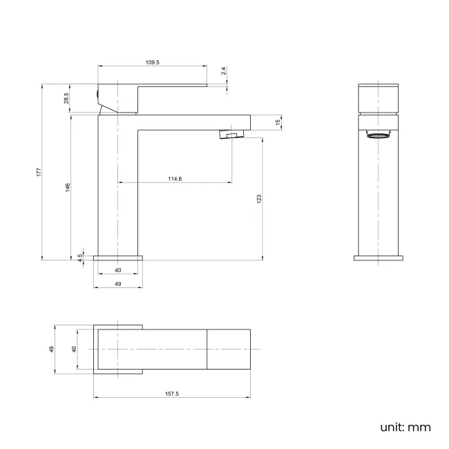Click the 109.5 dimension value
pyautogui.click(x=153, y=62)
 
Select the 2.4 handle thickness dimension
pyautogui.click(x=223, y=71)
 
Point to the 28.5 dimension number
pyautogui.click(x=66, y=99)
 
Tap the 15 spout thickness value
pyautogui.click(x=278, y=122)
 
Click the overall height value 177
pyautogui.click(x=39, y=172)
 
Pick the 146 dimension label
pyautogui.click(x=68, y=188)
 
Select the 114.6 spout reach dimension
pyautogui.click(x=175, y=179)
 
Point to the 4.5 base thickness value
pyautogui.click(x=80, y=256)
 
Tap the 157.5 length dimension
pyautogui.click(x=172, y=394)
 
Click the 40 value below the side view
pyautogui.click(x=118, y=270)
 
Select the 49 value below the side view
pyautogui.click(x=118, y=284)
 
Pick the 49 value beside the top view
pyautogui.click(x=51, y=350)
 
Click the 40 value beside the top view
pyautogui.click(x=74, y=350)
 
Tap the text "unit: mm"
pyautogui.click(x=405, y=427)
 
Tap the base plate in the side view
pyautogui.click(x=118, y=257)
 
